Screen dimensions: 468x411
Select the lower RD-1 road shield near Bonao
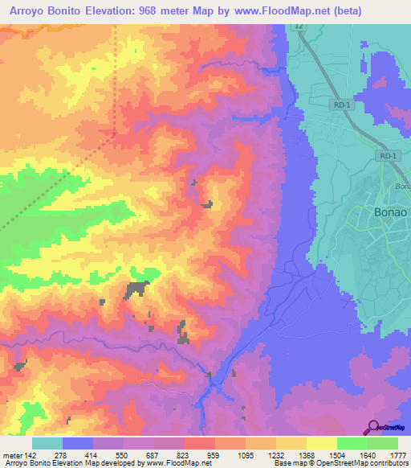[x=389, y=156]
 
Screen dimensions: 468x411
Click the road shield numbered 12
[x=299, y=27]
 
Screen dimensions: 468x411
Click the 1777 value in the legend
[x=397, y=455]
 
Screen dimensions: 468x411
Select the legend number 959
[x=214, y=455]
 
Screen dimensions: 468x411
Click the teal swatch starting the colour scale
[x=47, y=443]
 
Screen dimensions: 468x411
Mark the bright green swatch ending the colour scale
[x=383, y=443]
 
